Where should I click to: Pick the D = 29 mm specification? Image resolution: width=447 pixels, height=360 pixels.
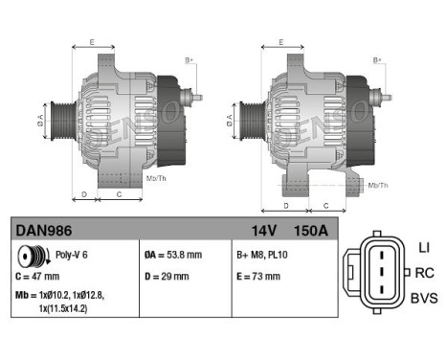(166, 278)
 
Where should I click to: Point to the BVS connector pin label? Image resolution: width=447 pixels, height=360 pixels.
(423, 299)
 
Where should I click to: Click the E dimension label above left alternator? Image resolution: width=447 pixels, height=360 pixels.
(92, 42)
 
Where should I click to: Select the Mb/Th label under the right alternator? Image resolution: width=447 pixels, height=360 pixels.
(378, 184)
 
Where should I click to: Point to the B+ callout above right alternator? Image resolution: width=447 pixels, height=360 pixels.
(377, 60)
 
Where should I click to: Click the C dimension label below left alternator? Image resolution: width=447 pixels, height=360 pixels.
(118, 193)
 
